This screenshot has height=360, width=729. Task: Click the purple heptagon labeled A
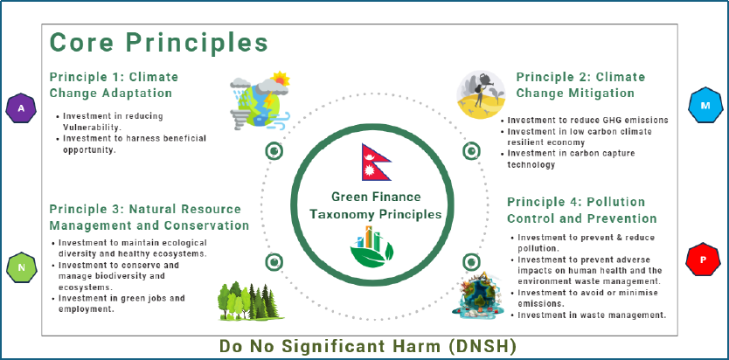21,108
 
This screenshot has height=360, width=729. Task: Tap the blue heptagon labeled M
705,105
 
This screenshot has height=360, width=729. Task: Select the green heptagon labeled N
21,267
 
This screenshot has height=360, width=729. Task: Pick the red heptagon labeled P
703,260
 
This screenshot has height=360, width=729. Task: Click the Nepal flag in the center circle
376,163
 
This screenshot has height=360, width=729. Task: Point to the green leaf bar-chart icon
372,246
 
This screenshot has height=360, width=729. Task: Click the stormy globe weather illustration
260,99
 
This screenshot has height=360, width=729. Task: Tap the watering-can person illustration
481,94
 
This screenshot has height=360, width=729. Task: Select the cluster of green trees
249,301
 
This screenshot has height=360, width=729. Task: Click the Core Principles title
159,42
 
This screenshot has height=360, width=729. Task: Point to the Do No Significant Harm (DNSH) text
368,346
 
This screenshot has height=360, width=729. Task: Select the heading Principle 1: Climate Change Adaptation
114,85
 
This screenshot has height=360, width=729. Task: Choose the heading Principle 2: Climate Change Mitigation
580,85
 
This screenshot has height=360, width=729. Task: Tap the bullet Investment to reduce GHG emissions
587,121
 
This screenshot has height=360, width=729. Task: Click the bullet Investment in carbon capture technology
571,159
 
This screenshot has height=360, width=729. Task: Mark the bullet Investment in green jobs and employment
121,303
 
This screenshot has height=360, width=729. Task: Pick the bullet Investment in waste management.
593,315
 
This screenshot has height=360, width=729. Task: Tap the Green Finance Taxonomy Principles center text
376,205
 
